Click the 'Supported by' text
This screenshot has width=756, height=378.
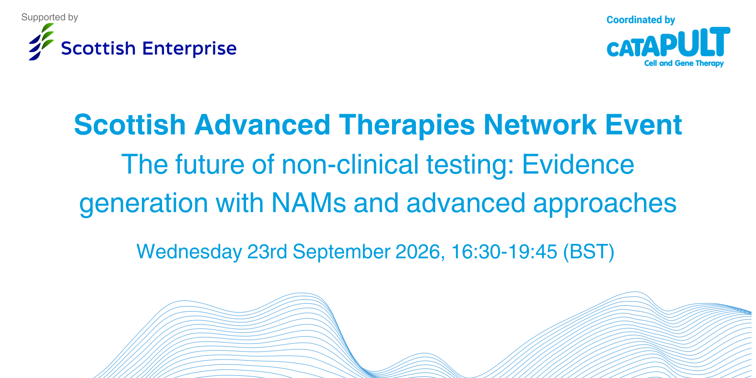49,17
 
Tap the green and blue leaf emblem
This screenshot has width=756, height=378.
41,42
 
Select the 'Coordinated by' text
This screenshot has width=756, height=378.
640,20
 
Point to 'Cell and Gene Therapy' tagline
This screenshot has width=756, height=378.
684,63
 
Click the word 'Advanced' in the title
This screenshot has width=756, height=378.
262,125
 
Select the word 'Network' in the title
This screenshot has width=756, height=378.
540,125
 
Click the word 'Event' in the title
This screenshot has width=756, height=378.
644,125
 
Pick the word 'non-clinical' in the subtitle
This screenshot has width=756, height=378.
350,164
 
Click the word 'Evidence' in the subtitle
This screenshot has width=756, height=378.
578,164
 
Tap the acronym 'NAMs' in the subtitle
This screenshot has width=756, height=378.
309,203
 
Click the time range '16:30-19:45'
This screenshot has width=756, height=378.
504,252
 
